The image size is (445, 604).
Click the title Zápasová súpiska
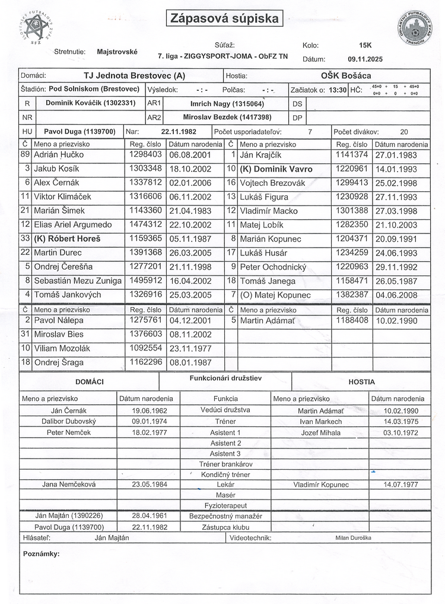coord(224,19)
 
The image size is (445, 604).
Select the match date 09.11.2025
coord(365,59)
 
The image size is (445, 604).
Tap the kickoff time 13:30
coord(338,90)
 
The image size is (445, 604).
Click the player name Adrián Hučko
coord(59,154)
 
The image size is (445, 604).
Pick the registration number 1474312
coord(145,224)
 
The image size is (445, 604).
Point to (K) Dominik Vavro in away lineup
coord(275,169)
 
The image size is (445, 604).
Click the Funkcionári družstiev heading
coord(225,378)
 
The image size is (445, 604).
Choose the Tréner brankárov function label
coord(225,464)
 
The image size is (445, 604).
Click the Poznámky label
coord(41,554)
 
